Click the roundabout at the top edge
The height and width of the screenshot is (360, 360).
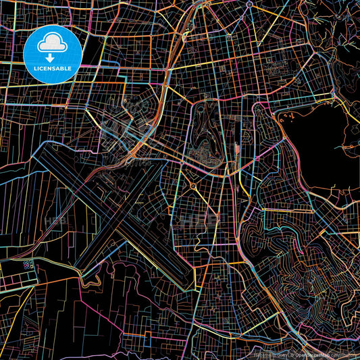pos(249,4)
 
